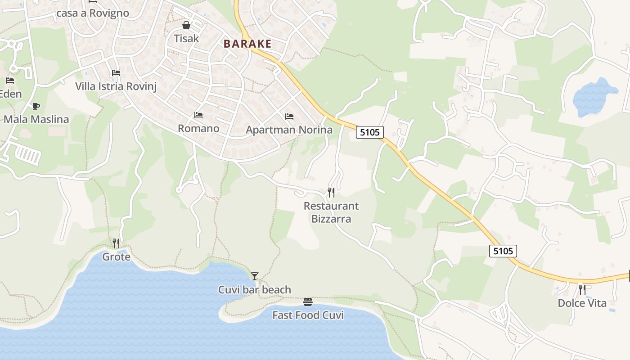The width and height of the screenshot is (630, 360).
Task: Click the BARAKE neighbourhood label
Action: pyautogui.click(x=247, y=44)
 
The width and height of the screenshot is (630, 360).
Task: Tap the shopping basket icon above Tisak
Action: pyautogui.click(x=186, y=25)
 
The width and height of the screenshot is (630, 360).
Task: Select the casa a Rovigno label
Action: pyautogui.click(x=93, y=13)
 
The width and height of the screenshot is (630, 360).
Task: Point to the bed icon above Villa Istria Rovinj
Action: pyautogui.click(x=116, y=73)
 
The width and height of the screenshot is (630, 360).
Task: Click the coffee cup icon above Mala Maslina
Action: pyautogui.click(x=36, y=106)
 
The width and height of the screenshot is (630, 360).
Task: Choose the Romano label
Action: pyautogui.click(x=198, y=129)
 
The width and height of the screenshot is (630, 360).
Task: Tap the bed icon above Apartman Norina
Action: pyautogui.click(x=289, y=117)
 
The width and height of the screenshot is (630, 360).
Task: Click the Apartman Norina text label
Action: pyautogui.click(x=289, y=130)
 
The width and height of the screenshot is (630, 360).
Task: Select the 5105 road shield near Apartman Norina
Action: pyautogui.click(x=370, y=132)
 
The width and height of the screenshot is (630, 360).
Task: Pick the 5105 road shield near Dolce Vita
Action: pyautogui.click(x=503, y=251)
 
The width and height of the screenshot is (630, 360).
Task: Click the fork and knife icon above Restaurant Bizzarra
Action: pyautogui.click(x=331, y=193)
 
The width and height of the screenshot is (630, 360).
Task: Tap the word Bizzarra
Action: pyautogui.click(x=331, y=219)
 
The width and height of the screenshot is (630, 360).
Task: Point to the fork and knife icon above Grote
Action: pyautogui.click(x=116, y=243)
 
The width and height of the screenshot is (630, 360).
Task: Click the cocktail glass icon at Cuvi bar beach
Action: pyautogui.click(x=255, y=276)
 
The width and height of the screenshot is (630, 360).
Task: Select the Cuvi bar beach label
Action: pyautogui.click(x=255, y=290)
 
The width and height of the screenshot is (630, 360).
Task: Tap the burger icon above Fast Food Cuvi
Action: pyautogui.click(x=308, y=301)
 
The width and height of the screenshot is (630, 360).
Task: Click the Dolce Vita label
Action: pyautogui.click(x=582, y=303)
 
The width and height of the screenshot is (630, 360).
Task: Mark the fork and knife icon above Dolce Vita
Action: pyautogui.click(x=582, y=289)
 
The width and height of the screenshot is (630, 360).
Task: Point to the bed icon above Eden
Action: pyautogui.click(x=10, y=81)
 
